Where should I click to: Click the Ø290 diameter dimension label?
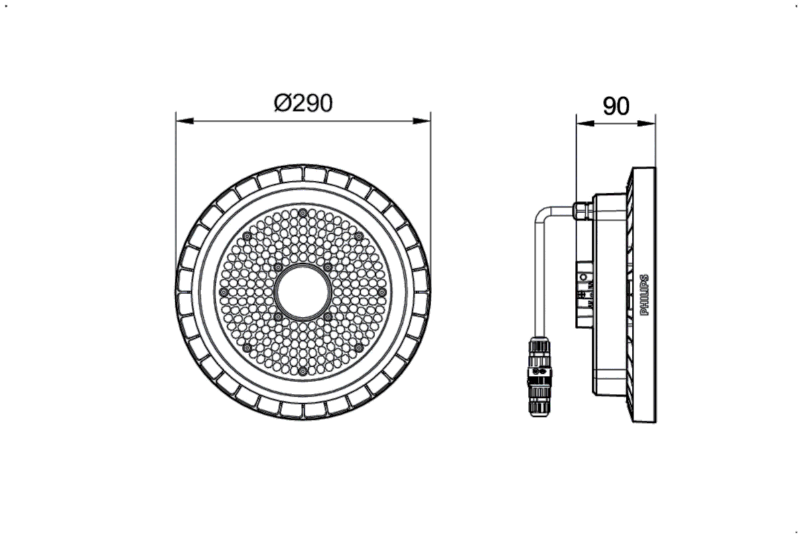click(303, 103)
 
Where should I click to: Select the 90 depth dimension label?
click(616, 107)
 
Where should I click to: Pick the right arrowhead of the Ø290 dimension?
click(423, 121)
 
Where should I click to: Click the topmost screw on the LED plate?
click(303, 212)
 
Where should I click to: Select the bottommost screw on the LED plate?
click(303, 371)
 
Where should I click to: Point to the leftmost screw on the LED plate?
click(224, 292)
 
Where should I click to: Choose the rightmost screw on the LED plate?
click(381, 292)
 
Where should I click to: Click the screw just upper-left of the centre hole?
click(278, 267)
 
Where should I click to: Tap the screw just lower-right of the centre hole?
click(328, 316)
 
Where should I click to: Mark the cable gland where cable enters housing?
click(582, 210)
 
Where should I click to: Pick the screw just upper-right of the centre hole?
click(328, 267)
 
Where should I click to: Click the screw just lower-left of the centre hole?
click(278, 316)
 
